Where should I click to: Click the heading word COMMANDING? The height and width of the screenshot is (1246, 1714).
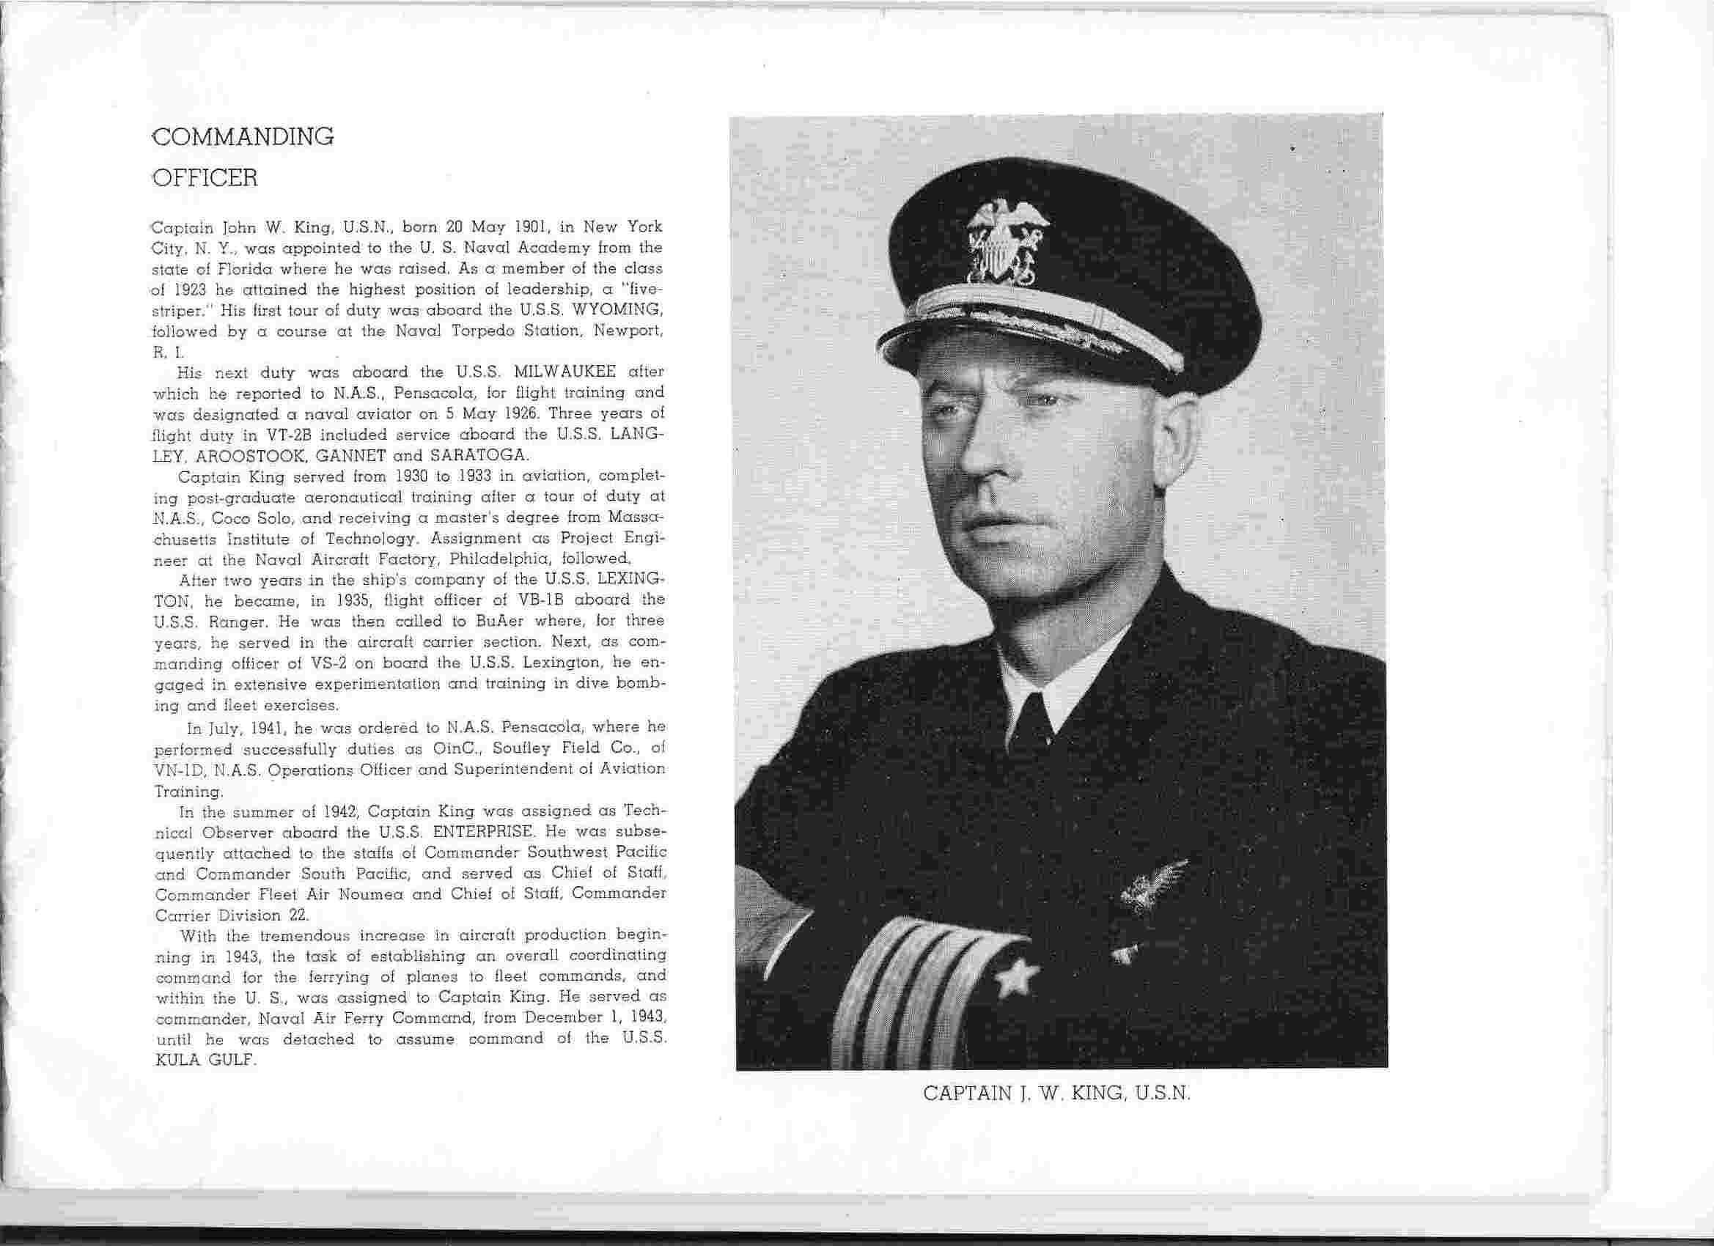point(243,137)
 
